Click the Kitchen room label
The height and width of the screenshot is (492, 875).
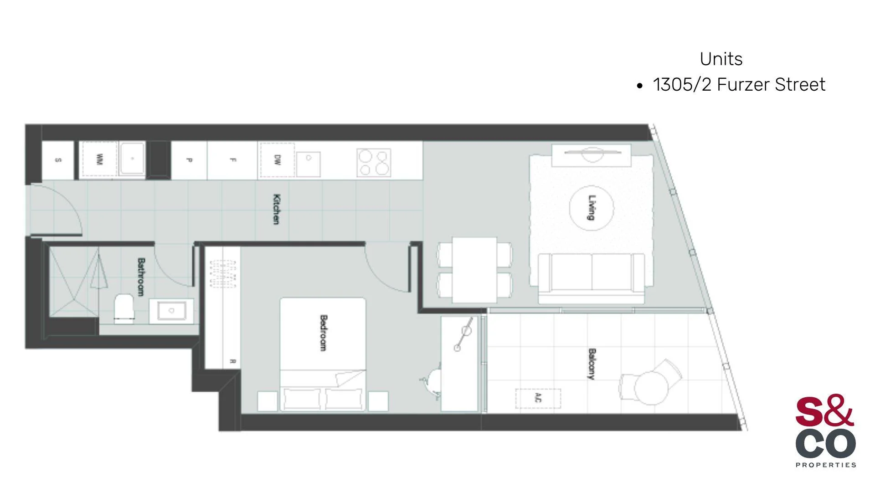tap(276, 209)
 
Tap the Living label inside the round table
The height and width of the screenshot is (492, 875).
tap(592, 208)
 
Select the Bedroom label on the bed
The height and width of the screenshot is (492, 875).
tap(323, 333)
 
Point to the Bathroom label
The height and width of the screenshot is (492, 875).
tap(141, 277)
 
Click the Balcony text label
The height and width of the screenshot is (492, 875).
tap(592, 364)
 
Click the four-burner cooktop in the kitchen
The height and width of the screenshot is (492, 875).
tap(374, 162)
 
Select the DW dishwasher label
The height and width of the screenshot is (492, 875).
tap(277, 160)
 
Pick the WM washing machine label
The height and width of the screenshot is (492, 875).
tap(99, 159)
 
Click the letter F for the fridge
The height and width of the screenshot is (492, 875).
tap(232, 160)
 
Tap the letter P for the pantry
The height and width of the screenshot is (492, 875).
tap(189, 160)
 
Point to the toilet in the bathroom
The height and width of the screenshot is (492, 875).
tap(124, 308)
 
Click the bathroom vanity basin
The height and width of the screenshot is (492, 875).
tap(171, 311)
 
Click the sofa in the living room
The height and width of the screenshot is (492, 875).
tap(591, 278)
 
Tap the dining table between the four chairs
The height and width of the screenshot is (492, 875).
tap(474, 269)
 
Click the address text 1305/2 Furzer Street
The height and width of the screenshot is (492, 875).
tap(739, 85)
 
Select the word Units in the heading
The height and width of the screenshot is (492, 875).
tap(721, 59)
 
